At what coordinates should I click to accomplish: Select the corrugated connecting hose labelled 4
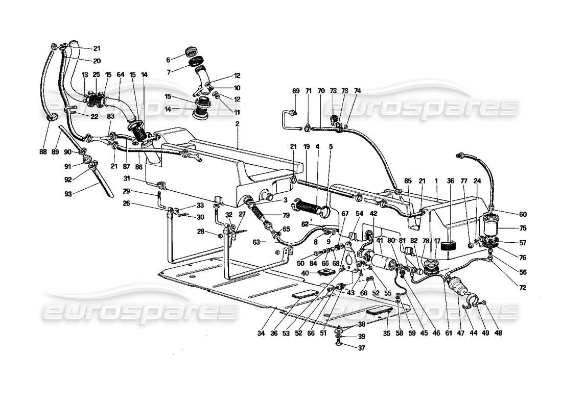[308, 208]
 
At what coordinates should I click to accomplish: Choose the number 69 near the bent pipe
[296, 91]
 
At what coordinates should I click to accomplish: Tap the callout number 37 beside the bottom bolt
[361, 348]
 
